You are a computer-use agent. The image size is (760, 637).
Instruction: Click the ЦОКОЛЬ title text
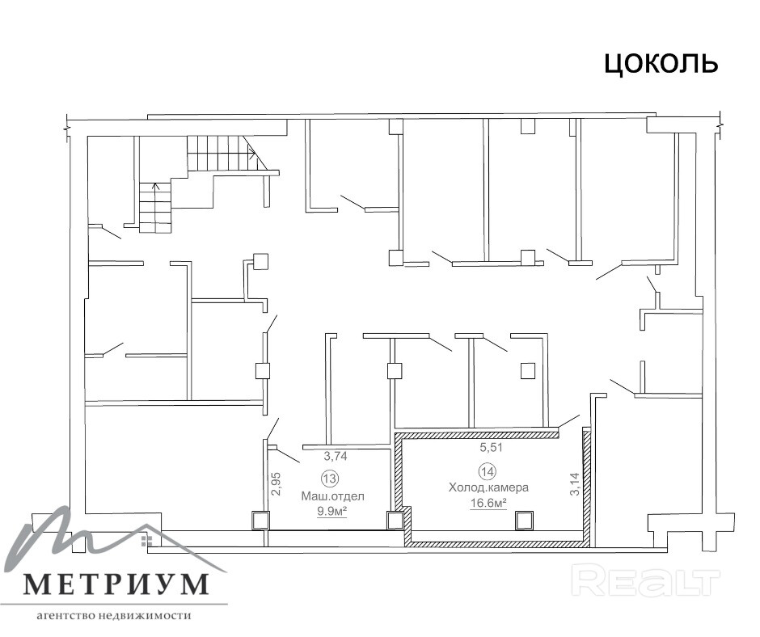coord(661,64)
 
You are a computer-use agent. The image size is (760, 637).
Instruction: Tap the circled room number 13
coord(330,479)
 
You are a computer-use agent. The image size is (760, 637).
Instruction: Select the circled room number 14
coord(488,470)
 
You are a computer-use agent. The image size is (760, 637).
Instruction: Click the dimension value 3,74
coord(336,456)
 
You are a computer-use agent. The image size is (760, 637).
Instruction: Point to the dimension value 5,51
coord(492,448)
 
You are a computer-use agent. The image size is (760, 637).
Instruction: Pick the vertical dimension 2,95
coord(277,483)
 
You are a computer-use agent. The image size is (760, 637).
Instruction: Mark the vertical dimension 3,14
coord(575,483)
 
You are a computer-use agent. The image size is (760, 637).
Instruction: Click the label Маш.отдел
coord(332,496)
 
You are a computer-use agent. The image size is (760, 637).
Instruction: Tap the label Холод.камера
coord(488,487)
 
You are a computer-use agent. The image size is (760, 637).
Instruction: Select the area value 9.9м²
coord(332,511)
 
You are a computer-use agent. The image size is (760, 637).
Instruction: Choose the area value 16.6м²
coord(488,503)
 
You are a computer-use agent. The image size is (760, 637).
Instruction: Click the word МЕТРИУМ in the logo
coord(116,584)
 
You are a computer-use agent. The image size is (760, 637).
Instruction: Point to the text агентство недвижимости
coord(114,616)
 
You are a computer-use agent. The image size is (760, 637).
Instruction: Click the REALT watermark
coord(646,580)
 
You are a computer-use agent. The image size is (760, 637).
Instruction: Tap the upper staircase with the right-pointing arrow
coord(222,154)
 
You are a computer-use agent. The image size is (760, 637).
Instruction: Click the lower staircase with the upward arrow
coord(155,207)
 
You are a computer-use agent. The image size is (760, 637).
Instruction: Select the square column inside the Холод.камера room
coord(524,520)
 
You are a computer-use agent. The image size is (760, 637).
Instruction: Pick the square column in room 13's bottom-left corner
coord(260,520)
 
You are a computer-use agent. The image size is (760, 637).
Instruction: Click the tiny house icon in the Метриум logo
coord(144,540)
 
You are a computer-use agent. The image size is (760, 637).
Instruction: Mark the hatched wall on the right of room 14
coord(586,487)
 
